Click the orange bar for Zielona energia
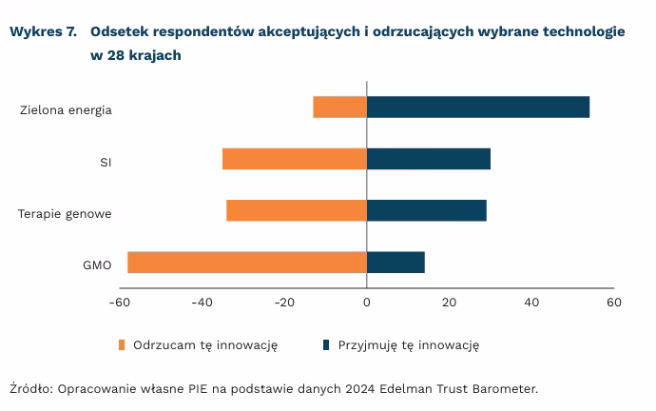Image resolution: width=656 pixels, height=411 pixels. point(339,108)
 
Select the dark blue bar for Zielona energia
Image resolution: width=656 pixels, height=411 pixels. point(478,108)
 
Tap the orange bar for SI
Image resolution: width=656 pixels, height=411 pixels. point(295,159)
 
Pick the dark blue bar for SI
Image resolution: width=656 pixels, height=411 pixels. point(429,159)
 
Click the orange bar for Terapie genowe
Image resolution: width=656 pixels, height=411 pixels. point(297,210)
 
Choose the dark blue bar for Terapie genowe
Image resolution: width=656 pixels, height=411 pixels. point(427,210)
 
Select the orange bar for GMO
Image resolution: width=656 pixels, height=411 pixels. point(247,262)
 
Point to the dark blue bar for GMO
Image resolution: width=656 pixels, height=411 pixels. point(396,262)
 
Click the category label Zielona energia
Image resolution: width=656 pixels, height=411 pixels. point(66,109)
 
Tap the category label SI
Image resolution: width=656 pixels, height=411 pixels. point(106,162)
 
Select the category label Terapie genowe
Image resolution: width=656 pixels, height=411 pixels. point(65,213)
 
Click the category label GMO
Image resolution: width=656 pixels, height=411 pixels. point(98,264)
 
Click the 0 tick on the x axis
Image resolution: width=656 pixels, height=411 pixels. point(367,303)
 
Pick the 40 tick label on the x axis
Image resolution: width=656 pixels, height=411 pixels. point(531,303)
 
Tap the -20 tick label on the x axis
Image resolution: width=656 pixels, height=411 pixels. point(284,303)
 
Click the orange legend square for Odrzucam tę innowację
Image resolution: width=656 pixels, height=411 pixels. point(123,344)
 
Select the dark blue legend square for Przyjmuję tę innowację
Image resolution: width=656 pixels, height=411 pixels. point(327,344)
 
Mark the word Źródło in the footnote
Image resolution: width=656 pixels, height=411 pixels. point(31,388)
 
